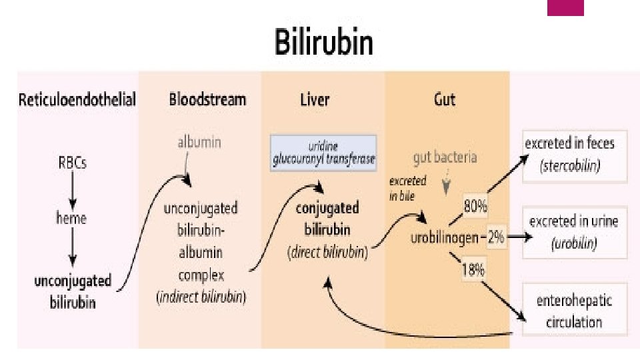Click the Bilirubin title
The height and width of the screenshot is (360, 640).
click(x=324, y=43)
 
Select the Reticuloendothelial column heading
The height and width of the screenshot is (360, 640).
click(x=77, y=100)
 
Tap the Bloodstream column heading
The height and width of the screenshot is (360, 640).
click(x=207, y=100)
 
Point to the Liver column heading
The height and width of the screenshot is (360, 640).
click(x=315, y=100)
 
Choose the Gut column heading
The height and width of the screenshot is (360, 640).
click(x=445, y=100)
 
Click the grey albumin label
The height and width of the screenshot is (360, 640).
click(x=199, y=141)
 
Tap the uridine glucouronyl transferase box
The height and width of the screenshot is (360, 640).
click(x=323, y=153)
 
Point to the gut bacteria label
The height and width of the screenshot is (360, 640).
click(x=444, y=157)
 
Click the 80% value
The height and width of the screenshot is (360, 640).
click(x=475, y=207)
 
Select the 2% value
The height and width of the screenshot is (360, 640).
click(x=497, y=237)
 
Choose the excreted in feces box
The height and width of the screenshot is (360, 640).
click(x=569, y=155)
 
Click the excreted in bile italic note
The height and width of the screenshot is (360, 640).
click(x=408, y=189)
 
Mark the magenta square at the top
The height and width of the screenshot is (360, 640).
click(x=565, y=7)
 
